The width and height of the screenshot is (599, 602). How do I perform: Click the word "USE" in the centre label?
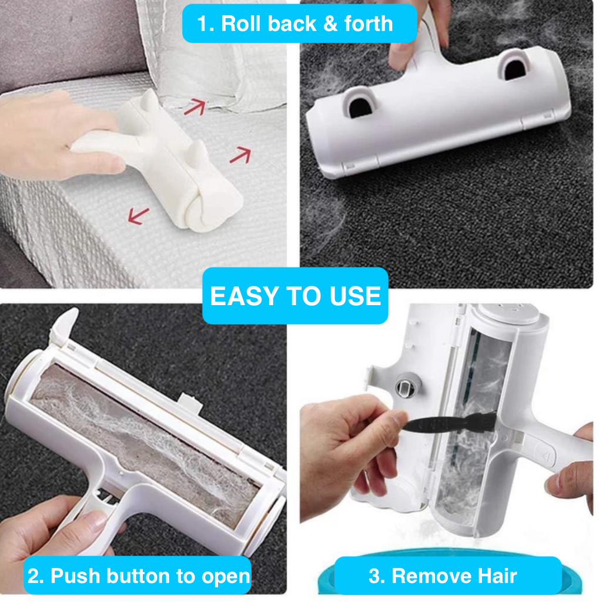tap(357, 296)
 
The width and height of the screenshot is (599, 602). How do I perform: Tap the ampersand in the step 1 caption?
tap(324, 24)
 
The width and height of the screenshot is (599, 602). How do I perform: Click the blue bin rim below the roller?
tap(447, 588)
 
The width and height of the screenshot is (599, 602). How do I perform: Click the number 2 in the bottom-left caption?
tap(35, 576)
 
